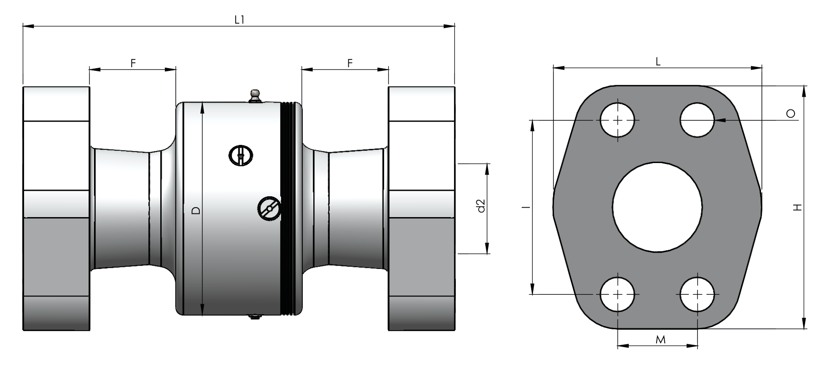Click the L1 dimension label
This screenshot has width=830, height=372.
click(240, 20)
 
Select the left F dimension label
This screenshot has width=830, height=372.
click(133, 63)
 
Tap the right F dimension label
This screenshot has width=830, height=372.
click(350, 63)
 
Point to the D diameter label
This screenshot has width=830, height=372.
click(196, 210)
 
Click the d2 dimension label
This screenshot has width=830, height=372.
click(481, 206)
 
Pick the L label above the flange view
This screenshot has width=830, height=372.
click(658, 62)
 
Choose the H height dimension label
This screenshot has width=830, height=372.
click(797, 207)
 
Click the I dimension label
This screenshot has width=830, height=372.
click(526, 207)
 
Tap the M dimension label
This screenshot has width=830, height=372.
click(661, 339)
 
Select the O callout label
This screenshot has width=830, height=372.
click(790, 114)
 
